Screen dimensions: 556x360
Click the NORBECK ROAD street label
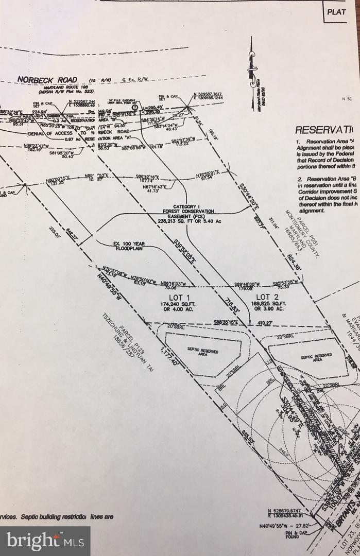click(x=47, y=80)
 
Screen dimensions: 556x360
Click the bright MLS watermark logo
click(x=45, y=541)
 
